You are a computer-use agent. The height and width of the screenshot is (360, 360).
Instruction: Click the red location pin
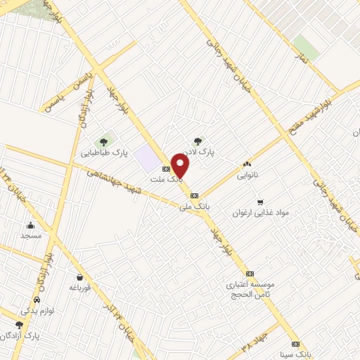[181, 165]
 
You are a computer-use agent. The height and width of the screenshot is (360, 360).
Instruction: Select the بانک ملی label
[195, 206]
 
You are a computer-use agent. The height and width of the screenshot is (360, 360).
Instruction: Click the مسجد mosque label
[31, 236]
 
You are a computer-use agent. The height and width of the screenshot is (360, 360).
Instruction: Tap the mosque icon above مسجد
[31, 226]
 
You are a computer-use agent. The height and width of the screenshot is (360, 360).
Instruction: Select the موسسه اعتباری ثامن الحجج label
[250, 289]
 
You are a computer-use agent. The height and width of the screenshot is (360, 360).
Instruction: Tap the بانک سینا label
[295, 354]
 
